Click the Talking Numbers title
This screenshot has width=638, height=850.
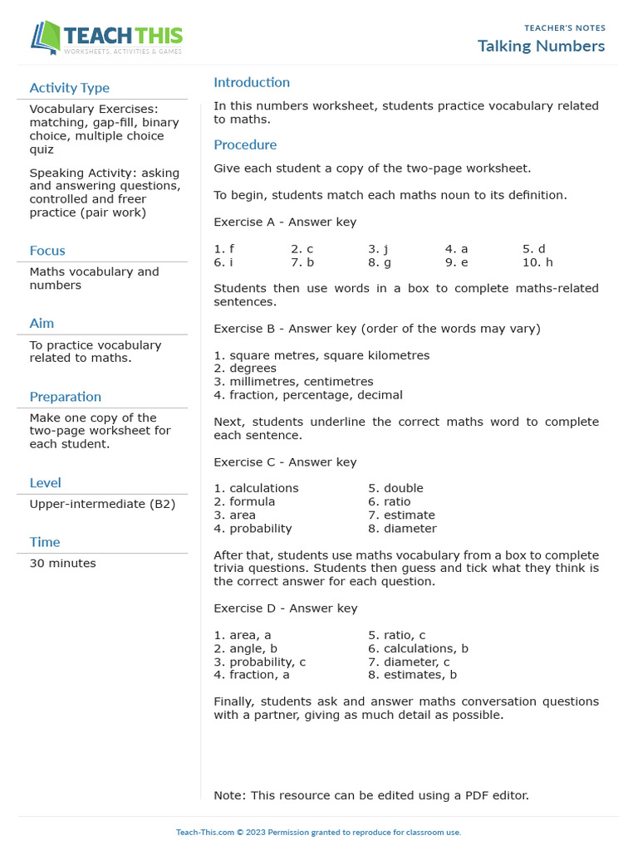click(541, 46)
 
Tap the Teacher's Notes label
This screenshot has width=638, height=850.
click(564, 28)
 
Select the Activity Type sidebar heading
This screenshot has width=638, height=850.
click(69, 88)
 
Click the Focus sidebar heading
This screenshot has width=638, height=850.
click(47, 251)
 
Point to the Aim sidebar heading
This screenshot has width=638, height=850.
click(42, 323)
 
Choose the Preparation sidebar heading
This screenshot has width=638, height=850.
click(65, 397)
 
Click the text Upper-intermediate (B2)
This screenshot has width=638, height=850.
click(102, 504)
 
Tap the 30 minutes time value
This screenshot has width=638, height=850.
click(62, 563)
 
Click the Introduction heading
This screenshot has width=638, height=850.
click(252, 82)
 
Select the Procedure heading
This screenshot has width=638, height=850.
click(245, 144)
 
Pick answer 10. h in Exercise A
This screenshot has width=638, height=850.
click(537, 262)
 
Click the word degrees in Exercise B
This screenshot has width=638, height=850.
click(253, 369)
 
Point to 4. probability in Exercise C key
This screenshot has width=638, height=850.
click(253, 529)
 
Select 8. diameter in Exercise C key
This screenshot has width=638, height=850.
click(402, 529)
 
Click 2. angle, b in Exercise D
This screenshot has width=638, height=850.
click(245, 648)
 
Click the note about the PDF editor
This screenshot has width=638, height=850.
click(371, 795)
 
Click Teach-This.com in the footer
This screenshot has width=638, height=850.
click(204, 833)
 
